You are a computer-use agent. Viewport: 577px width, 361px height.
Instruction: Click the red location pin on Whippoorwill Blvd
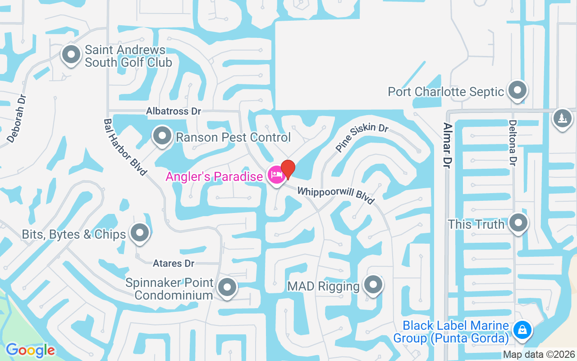coord(288,169)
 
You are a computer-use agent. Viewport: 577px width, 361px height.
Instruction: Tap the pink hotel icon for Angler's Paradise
coord(275,175)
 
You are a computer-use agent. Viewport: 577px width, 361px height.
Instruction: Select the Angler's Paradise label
coord(214,176)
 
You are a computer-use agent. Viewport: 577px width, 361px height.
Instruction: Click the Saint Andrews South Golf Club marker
coord(70,55)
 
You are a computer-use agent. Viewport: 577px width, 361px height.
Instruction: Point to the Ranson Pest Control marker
coord(161,135)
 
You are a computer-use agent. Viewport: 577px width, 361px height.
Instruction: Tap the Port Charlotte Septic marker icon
coord(517,90)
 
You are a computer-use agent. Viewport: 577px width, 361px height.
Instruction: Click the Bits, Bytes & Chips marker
coord(139,233)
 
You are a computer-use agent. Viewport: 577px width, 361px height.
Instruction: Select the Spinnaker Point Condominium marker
coord(227,287)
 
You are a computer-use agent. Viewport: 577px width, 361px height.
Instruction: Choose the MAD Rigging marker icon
coord(373,285)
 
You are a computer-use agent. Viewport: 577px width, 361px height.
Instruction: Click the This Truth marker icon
coord(518,222)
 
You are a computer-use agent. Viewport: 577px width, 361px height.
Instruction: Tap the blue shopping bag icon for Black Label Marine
coord(522,330)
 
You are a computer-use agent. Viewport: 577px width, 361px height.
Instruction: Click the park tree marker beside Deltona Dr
coord(562,118)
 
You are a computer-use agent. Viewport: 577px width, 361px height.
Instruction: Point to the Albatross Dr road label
coord(174,111)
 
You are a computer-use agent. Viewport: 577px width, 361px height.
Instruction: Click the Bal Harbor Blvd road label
coord(125,147)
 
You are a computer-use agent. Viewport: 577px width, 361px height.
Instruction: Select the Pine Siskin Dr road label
coord(362,137)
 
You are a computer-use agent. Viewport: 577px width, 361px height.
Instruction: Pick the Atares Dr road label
coord(174,263)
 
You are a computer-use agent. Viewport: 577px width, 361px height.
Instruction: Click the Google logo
coord(30,350)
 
